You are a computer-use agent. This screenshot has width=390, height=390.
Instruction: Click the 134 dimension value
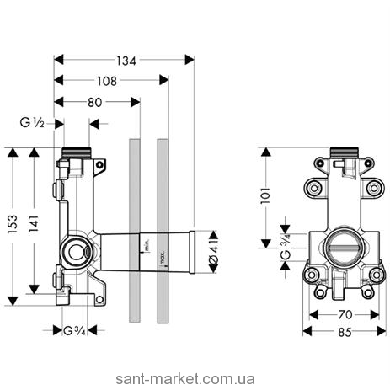[126, 61]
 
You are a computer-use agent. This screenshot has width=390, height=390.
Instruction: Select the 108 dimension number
[107, 81]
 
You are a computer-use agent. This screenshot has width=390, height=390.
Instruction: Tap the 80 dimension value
[95, 103]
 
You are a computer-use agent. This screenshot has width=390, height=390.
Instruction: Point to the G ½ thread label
[32, 123]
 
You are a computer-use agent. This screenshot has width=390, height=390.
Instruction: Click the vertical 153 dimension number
[13, 224]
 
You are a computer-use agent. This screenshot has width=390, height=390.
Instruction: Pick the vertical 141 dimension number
[34, 223]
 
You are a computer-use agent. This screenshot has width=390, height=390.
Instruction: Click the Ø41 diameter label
[214, 252]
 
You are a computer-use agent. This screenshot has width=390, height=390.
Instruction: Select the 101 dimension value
[265, 195]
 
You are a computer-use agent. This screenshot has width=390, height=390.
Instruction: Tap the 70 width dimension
[345, 315]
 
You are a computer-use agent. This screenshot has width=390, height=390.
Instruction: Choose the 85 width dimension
[345, 333]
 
